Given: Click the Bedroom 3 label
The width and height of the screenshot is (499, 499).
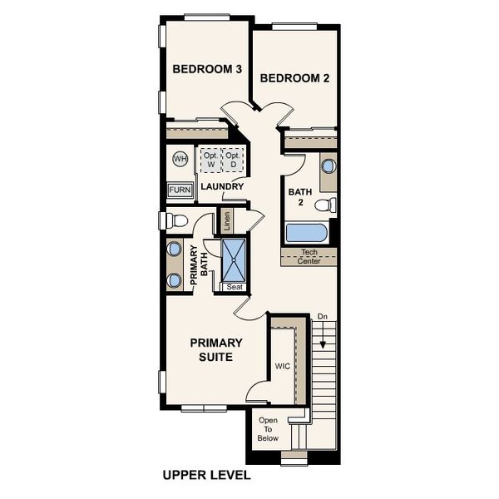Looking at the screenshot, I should point(207,69).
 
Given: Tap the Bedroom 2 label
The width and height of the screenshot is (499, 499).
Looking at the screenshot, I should point(295,78).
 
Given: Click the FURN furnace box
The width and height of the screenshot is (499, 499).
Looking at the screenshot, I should point(180,190).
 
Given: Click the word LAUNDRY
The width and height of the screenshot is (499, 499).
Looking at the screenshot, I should point(222,186).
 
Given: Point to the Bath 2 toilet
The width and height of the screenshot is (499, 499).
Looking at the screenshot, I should point(325,205).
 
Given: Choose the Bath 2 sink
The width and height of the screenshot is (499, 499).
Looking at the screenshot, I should point(328,166).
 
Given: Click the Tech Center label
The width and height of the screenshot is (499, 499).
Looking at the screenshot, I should point(309,256).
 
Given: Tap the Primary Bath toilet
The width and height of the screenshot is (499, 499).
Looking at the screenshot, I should point(173,220).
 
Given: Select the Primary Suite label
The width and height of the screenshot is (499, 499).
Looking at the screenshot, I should point(215,349).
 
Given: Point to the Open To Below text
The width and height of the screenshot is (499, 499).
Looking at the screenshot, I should point(268,429).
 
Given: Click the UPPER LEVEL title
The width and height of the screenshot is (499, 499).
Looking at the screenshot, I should point(205,477).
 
